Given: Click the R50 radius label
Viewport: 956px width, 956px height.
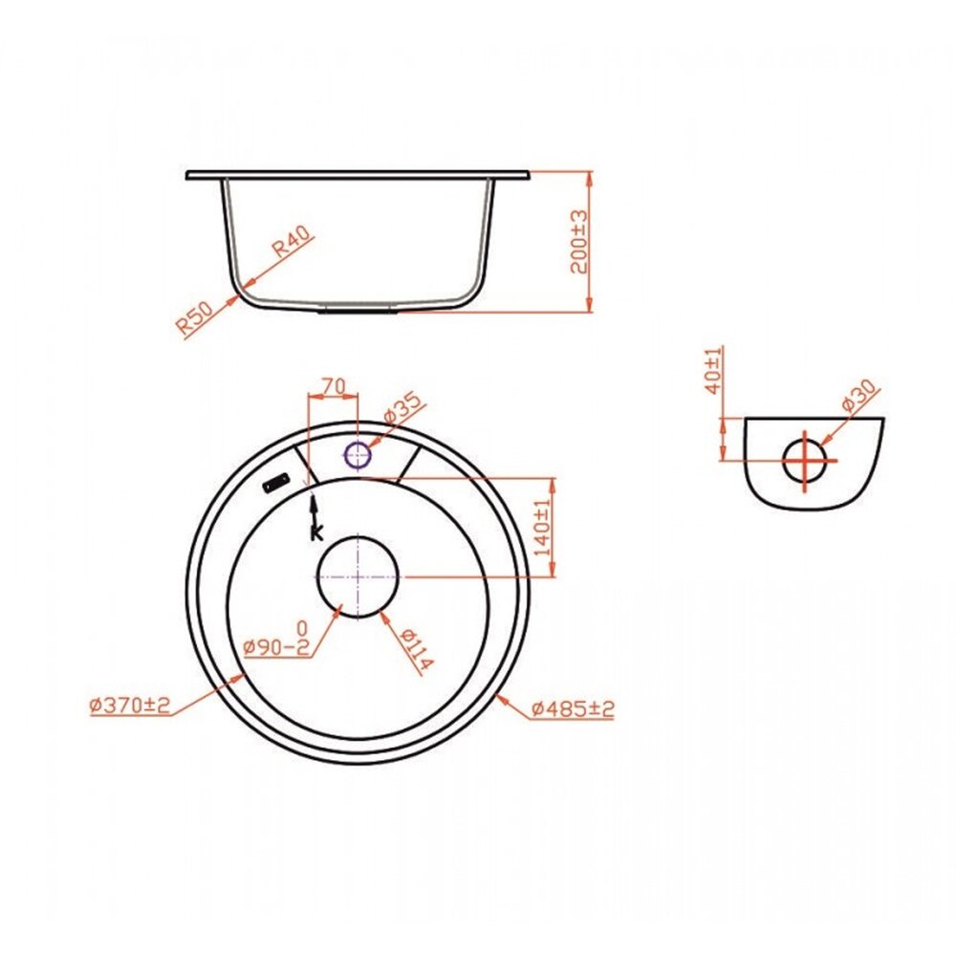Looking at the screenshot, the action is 194,317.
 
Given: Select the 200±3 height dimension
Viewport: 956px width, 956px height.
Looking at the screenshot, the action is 580,242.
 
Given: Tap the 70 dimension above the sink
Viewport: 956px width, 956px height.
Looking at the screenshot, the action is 333,385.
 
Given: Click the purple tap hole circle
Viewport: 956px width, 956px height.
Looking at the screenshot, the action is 358,455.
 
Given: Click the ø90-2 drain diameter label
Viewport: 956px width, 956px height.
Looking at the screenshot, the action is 276,645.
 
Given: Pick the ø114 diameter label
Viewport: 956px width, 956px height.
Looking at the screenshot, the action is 418,648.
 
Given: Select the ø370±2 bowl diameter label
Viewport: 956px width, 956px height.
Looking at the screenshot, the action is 129,706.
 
